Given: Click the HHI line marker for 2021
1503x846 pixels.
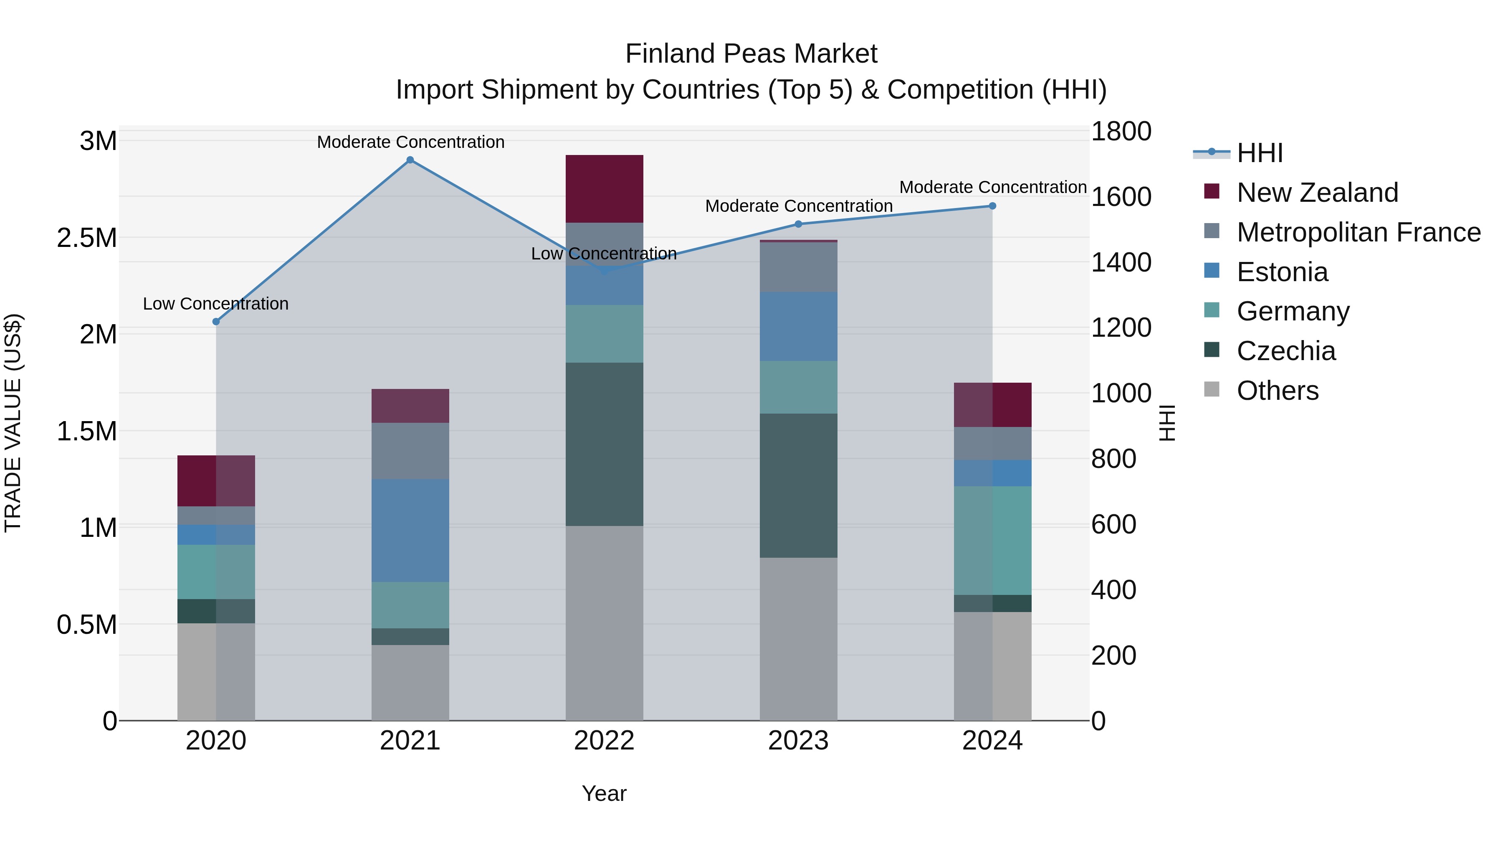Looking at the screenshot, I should coord(410,160).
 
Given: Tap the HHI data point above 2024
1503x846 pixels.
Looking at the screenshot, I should coord(992,206).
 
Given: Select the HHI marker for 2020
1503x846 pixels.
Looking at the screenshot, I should coord(216,322).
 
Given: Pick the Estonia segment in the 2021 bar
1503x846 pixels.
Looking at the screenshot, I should coord(410,530).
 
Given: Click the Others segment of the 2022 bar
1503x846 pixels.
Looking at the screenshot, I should coord(605,623).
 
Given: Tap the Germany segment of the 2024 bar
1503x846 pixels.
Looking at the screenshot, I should coord(992,540).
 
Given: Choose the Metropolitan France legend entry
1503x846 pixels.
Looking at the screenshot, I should coord(1358,232).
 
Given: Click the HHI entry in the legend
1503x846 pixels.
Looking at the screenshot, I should coord(1259,153).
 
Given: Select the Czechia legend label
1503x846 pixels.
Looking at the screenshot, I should coord(1285,351).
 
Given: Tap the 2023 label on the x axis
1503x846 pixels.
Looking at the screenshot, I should coord(798,741).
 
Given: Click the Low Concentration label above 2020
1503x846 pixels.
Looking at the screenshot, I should coord(216,304).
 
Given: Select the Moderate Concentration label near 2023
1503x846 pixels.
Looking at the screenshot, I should coord(799,206).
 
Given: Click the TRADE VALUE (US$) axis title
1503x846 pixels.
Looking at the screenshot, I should coord(13,423).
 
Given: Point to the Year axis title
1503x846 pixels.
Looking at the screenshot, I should coord(604,793).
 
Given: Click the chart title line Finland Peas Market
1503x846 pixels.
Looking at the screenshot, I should coord(751,54).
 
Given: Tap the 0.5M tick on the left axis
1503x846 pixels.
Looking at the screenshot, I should coord(86,625).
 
